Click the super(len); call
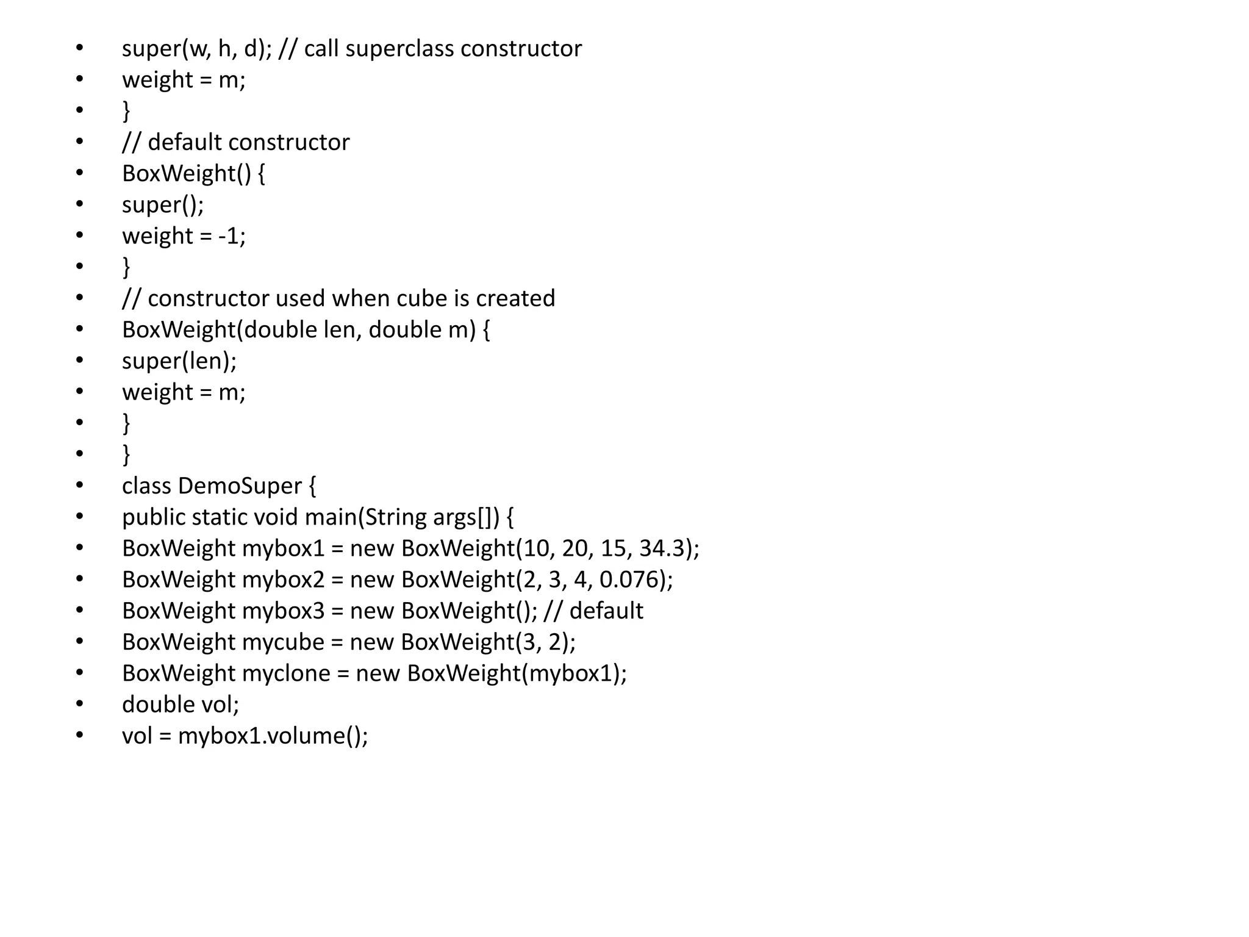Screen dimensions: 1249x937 click(x=179, y=361)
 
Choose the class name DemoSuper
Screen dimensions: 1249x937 click(x=240, y=486)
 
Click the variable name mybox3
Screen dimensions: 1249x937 click(x=283, y=611)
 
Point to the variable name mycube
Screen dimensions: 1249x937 click(x=283, y=642)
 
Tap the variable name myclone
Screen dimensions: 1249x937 click(x=286, y=673)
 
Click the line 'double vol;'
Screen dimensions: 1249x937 click(x=181, y=705)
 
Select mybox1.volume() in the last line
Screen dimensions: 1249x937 click(x=273, y=736)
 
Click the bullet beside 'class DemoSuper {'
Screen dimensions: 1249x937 click(x=79, y=485)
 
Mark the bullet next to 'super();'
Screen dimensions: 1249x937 click(x=79, y=204)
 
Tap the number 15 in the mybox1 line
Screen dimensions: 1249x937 click(x=613, y=548)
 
